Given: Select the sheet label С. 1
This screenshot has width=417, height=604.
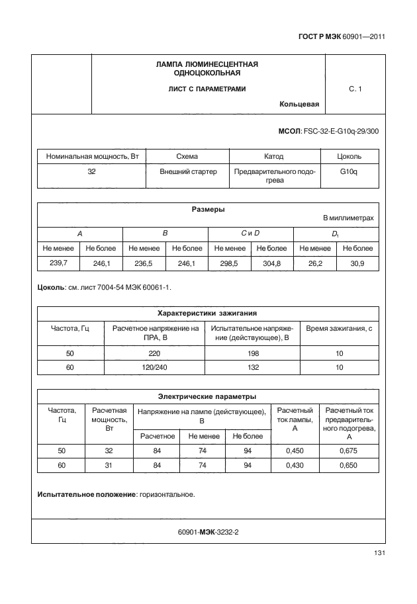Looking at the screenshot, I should (x=355, y=89).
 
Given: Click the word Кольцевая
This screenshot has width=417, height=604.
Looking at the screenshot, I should (x=300, y=104).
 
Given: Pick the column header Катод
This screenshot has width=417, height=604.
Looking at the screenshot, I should (x=273, y=157).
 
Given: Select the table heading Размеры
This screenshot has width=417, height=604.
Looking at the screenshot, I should (x=208, y=210).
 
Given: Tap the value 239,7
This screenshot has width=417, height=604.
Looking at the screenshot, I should (x=58, y=263).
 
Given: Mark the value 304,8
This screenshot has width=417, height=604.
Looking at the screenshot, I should (x=271, y=263).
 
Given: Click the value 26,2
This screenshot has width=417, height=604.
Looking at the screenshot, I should (x=314, y=263).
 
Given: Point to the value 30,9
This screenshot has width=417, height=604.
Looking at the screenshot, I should (x=357, y=263).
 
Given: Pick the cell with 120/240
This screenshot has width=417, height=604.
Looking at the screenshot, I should (x=156, y=367).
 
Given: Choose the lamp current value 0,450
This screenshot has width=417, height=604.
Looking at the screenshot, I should (x=295, y=451).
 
